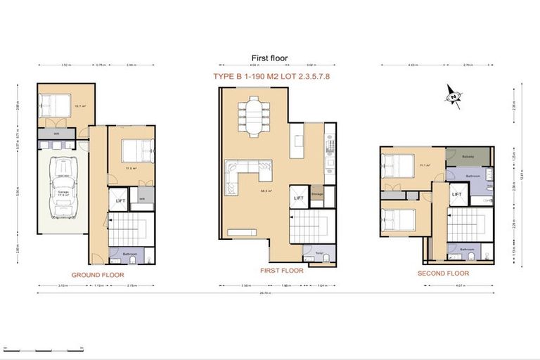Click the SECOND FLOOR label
coord(443,273)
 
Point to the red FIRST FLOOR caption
coord(281,271)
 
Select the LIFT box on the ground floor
coord(120,200)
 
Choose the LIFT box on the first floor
coord(299,198)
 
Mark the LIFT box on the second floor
coord(456,195)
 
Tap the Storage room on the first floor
coord(318,195)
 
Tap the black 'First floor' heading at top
coord(269,58)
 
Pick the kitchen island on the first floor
coord(299,140)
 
